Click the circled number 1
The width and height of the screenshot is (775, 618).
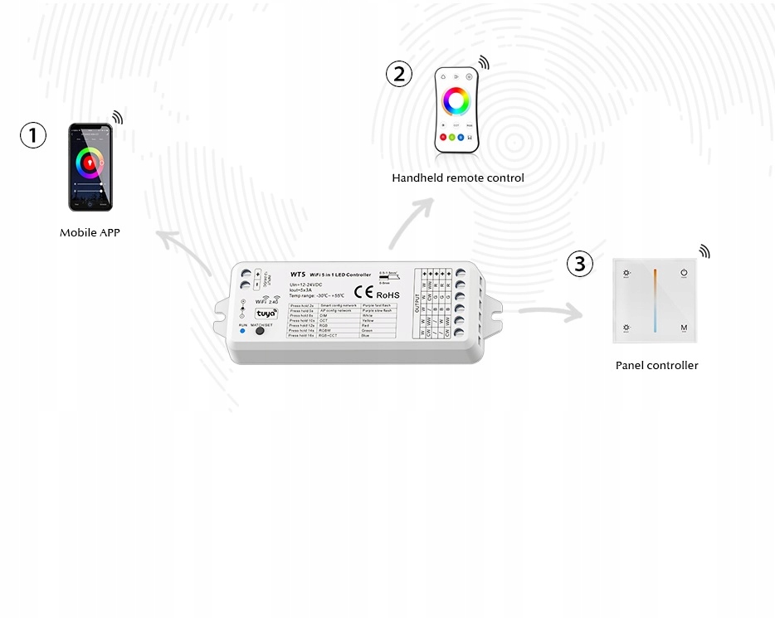click(33, 135)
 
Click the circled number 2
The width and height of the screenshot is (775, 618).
click(399, 74)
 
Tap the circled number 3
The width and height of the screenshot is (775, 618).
click(580, 264)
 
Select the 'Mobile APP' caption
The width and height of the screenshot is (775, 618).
click(90, 233)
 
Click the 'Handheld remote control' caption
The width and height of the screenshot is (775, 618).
click(458, 178)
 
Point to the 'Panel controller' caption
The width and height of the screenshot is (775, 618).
click(656, 365)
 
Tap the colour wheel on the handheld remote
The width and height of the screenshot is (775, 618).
click(456, 101)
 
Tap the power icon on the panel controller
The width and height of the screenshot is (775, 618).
click(685, 272)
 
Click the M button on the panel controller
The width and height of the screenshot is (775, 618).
click(685, 328)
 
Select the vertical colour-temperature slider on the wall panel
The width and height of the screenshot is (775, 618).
click(655, 299)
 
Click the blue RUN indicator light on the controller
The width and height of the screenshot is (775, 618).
click(242, 331)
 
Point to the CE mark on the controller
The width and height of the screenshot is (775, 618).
click(363, 291)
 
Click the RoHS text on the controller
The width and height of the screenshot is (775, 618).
click(388, 294)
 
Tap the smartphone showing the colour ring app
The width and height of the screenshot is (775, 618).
click(90, 167)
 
